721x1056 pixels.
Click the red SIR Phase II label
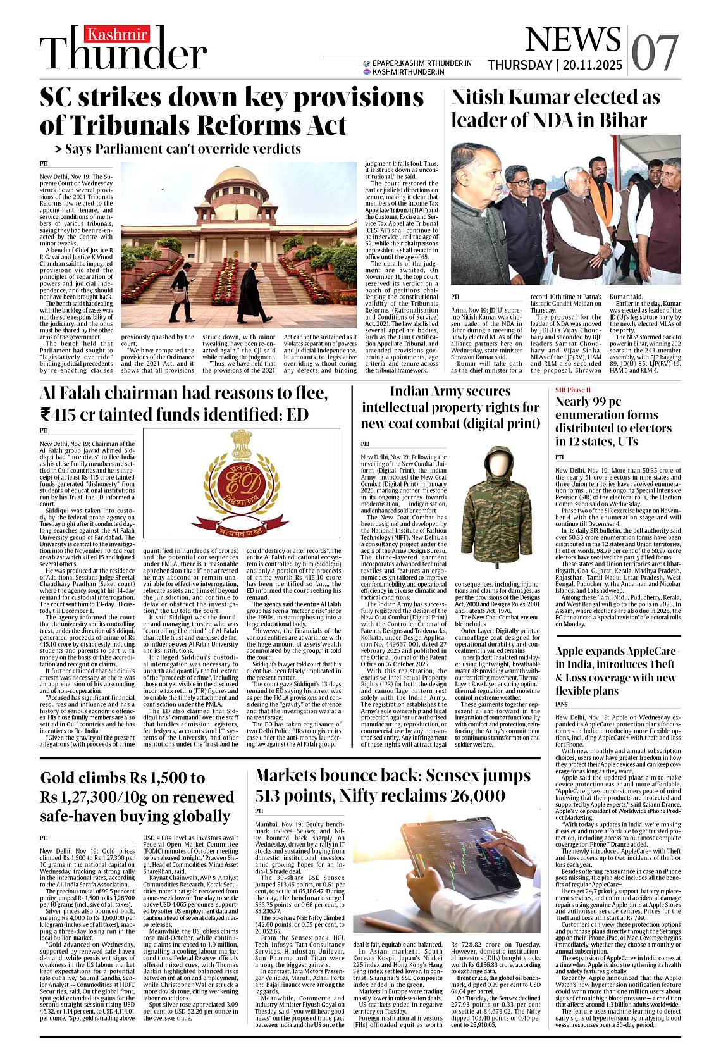click(x=572, y=390)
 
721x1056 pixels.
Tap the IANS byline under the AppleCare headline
click(x=562, y=704)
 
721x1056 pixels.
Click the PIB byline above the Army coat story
click(x=365, y=445)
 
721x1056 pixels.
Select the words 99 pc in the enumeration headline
click(x=605, y=401)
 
